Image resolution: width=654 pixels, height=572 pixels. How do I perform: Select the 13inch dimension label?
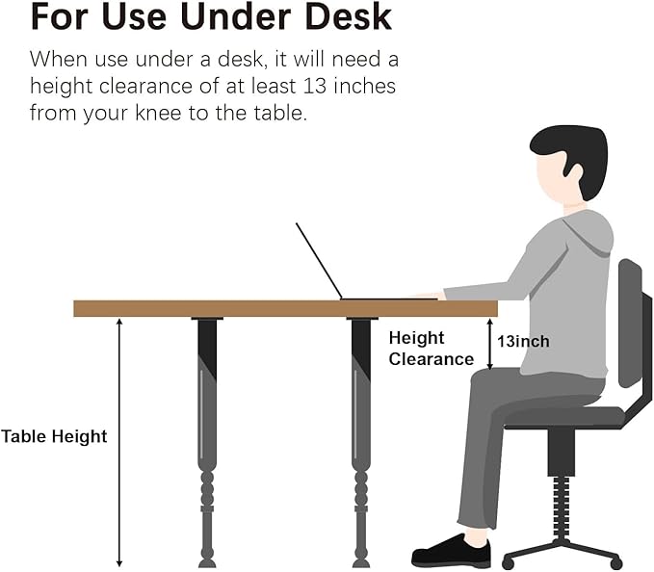click(x=523, y=342)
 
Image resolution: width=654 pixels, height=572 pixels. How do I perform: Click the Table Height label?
click(x=54, y=436)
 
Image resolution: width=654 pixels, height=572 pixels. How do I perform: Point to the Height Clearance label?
click(x=432, y=349)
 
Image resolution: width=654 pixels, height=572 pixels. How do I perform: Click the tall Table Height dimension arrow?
click(x=119, y=443)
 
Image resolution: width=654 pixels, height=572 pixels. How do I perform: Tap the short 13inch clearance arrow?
click(x=490, y=344)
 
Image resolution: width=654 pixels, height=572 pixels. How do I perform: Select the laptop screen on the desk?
click(x=319, y=261)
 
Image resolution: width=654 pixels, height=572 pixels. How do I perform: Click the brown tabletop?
click(x=286, y=308)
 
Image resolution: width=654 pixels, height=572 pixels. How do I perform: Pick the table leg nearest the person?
click(x=361, y=442)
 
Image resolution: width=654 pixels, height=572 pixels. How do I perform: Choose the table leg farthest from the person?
click(x=207, y=442)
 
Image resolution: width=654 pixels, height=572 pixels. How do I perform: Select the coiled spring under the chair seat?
click(x=561, y=508)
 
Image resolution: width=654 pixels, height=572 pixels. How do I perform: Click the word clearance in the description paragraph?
click(x=145, y=86)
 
